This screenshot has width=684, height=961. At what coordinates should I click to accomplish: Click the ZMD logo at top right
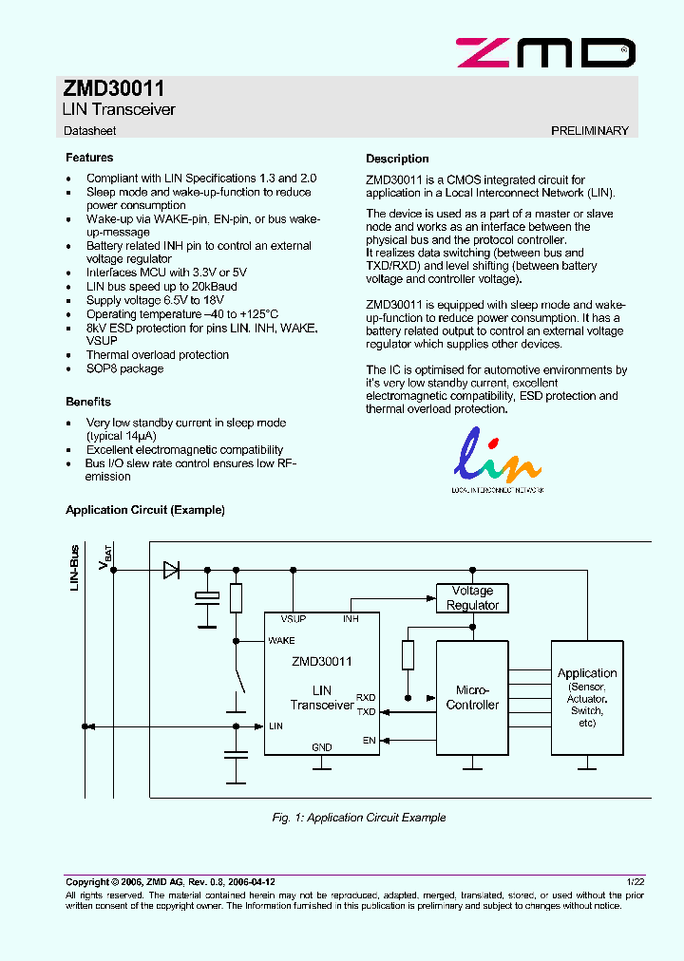[x=545, y=52]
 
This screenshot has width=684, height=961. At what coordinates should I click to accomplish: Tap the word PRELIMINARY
[x=589, y=131]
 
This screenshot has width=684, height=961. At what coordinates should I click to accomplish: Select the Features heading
[x=89, y=158]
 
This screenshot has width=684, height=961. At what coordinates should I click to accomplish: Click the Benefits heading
[x=88, y=402]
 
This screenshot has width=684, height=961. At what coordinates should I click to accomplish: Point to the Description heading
[x=397, y=159]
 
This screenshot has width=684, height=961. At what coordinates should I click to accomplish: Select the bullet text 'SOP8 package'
[x=124, y=368]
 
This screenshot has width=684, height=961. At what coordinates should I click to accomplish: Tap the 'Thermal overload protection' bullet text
[x=158, y=355]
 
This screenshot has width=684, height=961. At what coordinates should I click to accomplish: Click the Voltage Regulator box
[x=472, y=598]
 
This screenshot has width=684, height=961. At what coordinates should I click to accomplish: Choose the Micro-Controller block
[x=472, y=698]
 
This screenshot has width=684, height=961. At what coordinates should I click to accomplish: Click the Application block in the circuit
[x=587, y=698]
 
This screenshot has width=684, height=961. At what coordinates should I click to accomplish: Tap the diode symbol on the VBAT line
[x=172, y=570]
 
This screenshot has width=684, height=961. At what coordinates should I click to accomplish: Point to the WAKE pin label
[x=281, y=641]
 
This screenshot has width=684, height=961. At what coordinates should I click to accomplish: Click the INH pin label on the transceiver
[x=351, y=618]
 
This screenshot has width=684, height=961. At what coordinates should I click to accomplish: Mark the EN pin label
[x=370, y=740]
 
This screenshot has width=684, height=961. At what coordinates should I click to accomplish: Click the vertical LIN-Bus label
[x=75, y=568]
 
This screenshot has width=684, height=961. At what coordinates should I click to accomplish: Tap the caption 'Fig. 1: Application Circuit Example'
[x=358, y=818]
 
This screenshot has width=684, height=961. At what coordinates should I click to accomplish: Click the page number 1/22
[x=636, y=882]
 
